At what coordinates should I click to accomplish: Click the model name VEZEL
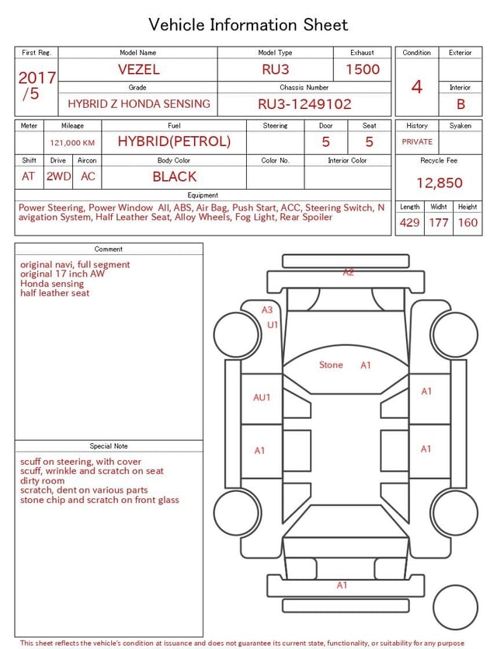(138, 69)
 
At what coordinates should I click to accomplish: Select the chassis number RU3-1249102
(304, 104)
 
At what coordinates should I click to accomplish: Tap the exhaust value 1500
(363, 69)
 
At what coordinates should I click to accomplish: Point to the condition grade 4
(417, 87)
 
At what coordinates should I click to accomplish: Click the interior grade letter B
(461, 104)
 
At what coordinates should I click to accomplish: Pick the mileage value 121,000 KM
(72, 143)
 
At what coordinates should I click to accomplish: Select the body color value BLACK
(175, 176)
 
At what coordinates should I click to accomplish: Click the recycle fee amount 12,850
(439, 183)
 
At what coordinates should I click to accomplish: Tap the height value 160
(467, 222)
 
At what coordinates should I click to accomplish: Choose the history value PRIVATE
(417, 141)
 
